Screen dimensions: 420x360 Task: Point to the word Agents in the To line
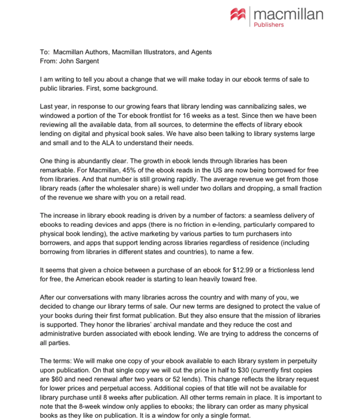(199, 52)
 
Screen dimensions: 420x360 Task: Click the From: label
(48, 61)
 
